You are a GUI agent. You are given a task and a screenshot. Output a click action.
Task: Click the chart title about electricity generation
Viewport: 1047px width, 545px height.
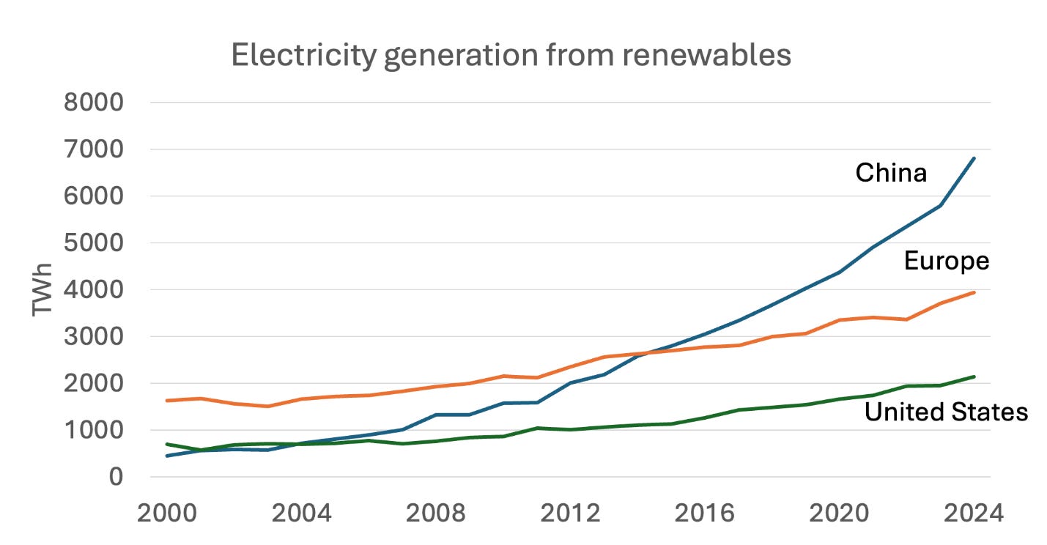[x=511, y=56]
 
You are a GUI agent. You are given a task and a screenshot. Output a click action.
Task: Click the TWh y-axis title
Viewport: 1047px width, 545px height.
[x=43, y=289]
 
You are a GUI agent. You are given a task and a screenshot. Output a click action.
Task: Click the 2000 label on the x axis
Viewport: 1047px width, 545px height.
[x=168, y=513]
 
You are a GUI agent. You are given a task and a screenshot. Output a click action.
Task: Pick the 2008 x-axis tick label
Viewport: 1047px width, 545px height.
[x=436, y=513]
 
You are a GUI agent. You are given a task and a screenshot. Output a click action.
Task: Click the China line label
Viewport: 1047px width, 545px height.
[x=891, y=173]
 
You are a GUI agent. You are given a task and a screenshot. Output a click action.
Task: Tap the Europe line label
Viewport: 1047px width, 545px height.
[x=947, y=261]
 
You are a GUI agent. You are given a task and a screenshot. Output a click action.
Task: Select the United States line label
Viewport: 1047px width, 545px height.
[x=946, y=412]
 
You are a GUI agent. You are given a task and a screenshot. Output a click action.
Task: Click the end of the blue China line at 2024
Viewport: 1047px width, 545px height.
[x=974, y=157]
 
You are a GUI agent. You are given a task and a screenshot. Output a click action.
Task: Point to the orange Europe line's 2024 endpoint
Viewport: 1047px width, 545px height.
[x=974, y=292]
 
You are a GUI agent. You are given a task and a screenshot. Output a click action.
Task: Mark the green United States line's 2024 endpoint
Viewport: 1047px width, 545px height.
[x=974, y=377]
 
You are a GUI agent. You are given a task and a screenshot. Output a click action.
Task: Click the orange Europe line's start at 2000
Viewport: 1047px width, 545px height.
[x=168, y=401]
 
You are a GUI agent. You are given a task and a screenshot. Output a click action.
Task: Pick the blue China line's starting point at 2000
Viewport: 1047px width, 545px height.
[x=168, y=456]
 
